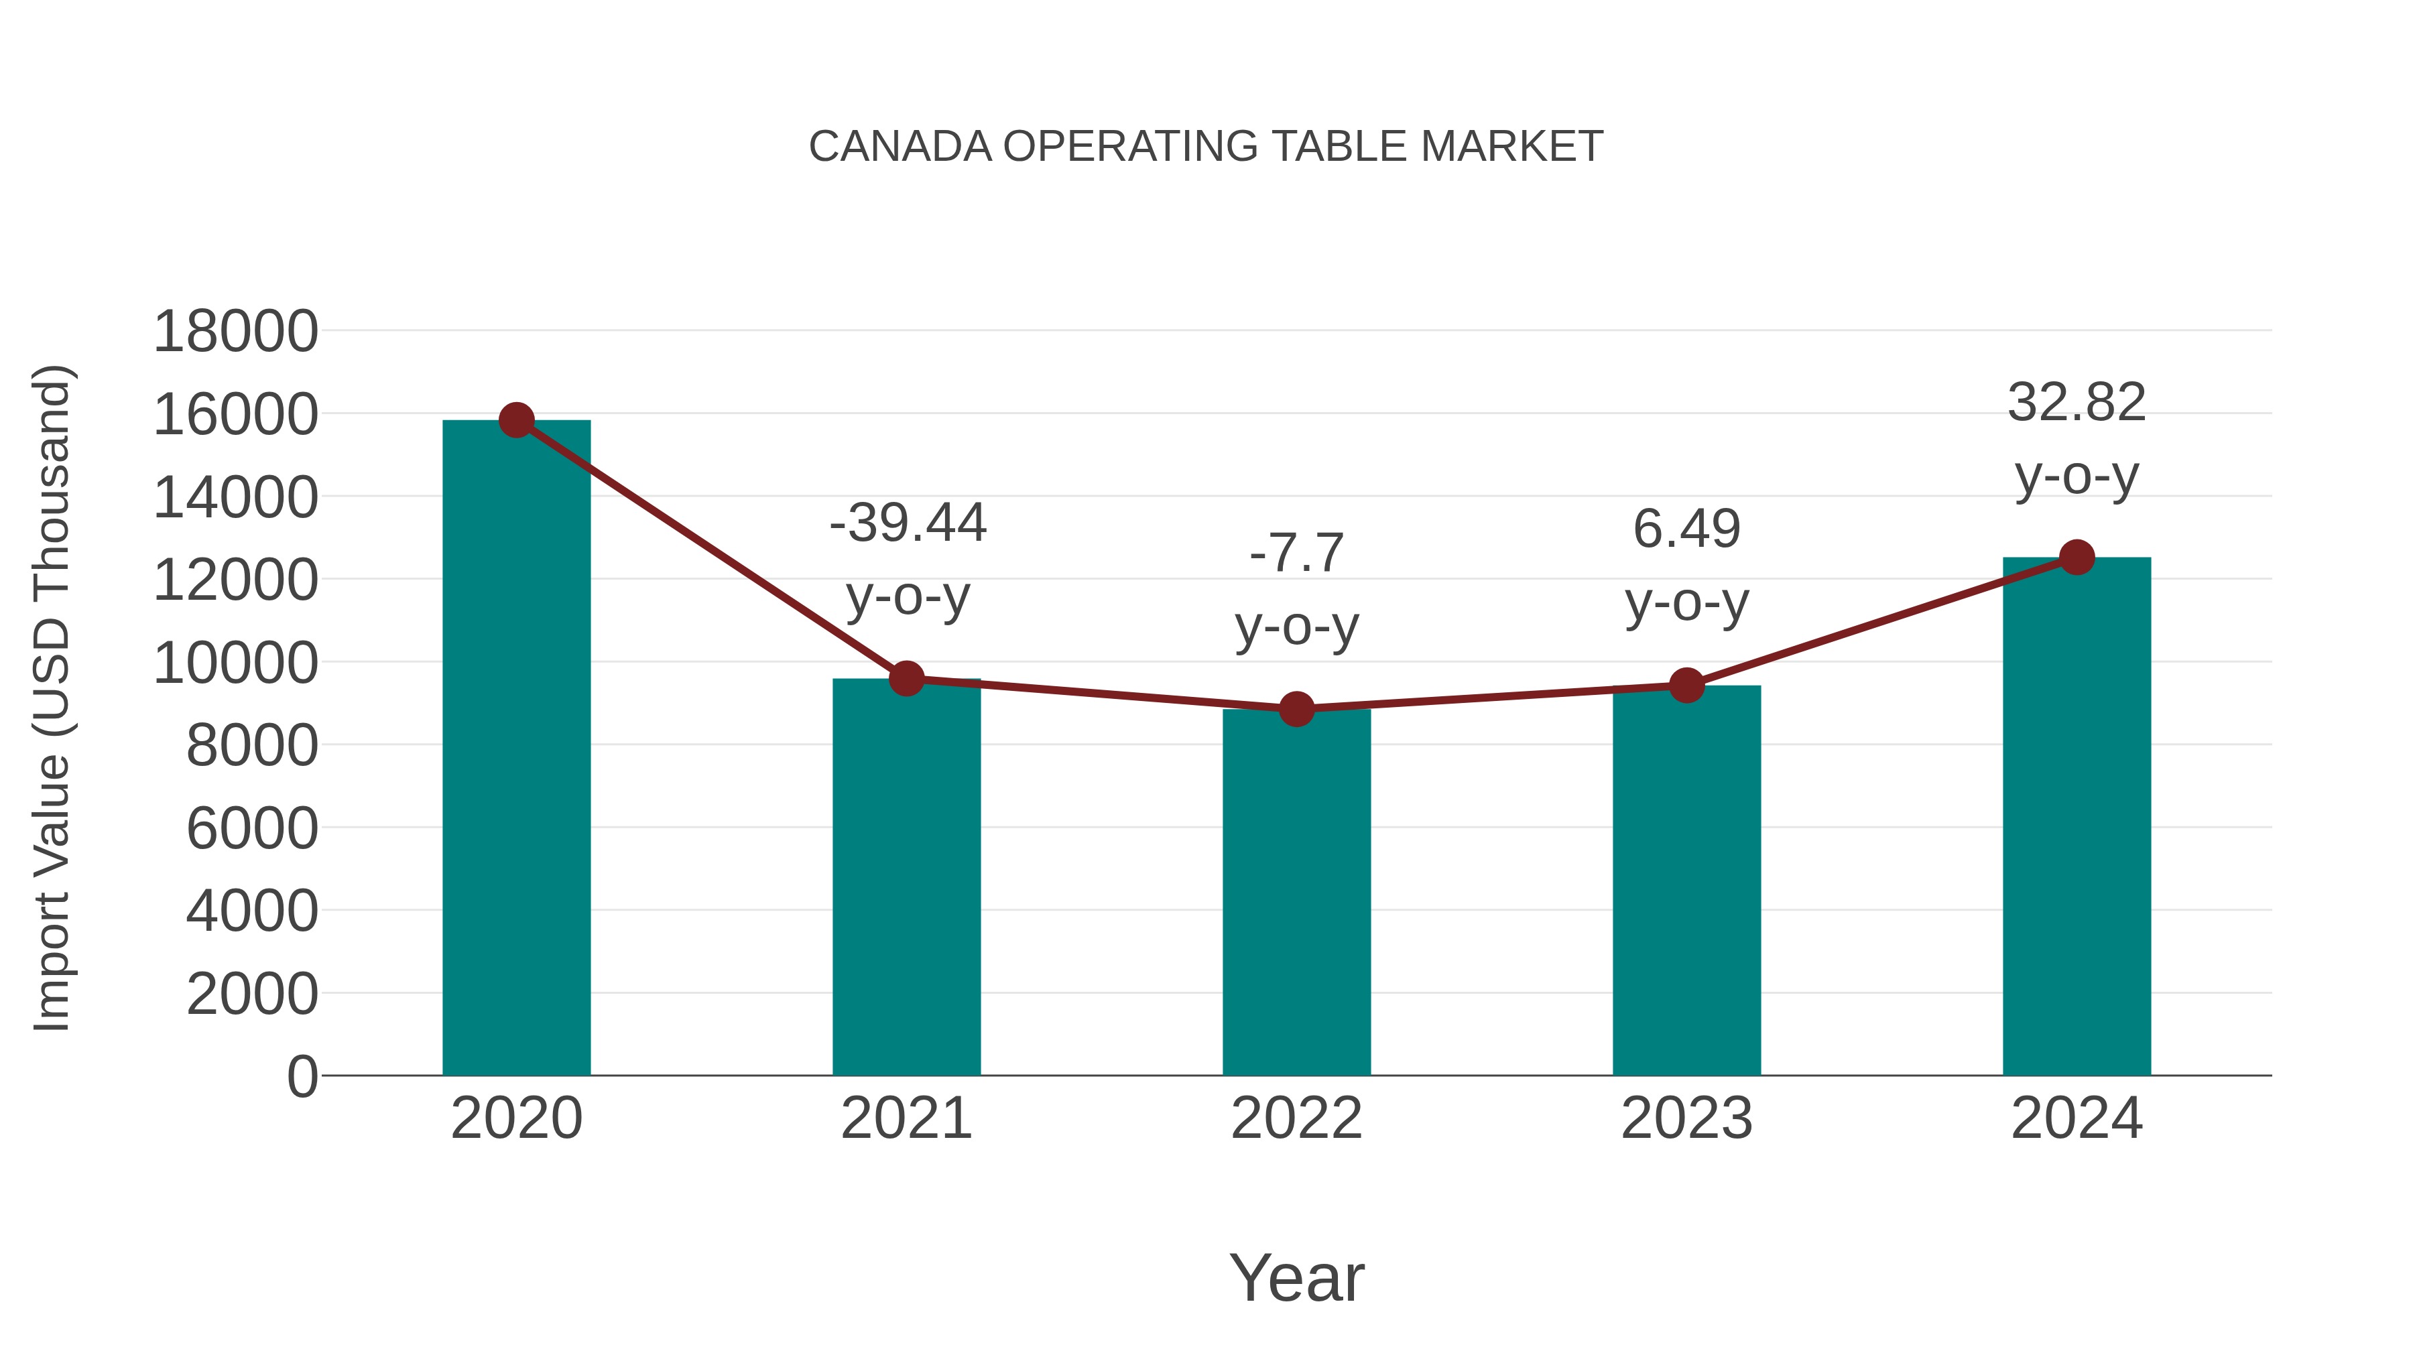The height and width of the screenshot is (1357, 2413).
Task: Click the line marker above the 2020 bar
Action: (516, 419)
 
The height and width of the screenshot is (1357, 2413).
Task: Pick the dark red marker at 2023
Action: (1686, 686)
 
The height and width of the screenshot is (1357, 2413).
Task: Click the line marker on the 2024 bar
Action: (2077, 558)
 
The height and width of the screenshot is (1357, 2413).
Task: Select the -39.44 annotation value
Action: (908, 523)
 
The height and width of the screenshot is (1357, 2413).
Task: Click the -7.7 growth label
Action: (1296, 553)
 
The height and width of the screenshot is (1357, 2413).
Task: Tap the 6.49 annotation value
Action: (1686, 529)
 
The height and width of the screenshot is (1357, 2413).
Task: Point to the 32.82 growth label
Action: (2077, 403)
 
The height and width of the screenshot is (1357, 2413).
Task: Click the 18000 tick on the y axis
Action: (235, 332)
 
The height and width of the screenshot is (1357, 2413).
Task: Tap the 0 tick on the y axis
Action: (302, 1076)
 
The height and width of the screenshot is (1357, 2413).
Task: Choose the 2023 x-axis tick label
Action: (1686, 1118)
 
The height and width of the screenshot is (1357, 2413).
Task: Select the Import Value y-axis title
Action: (52, 698)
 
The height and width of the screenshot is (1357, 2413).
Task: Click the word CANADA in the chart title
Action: (900, 147)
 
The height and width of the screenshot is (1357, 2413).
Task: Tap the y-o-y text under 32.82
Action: (2077, 476)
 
